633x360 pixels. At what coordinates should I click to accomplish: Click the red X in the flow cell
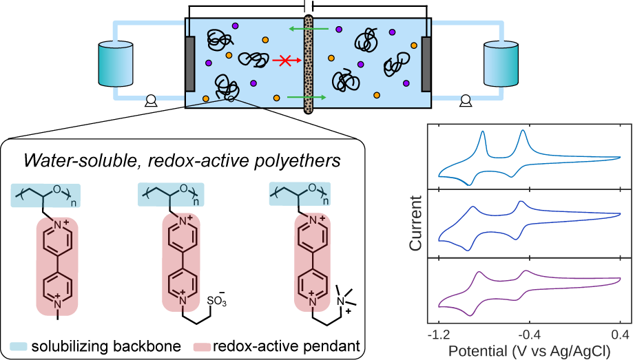pos(282,61)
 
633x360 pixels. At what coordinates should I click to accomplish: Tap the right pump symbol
pos(466,102)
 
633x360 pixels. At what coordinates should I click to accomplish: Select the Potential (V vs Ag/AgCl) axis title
pos(529,350)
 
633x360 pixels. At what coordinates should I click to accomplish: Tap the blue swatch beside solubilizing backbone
pos(19,344)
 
